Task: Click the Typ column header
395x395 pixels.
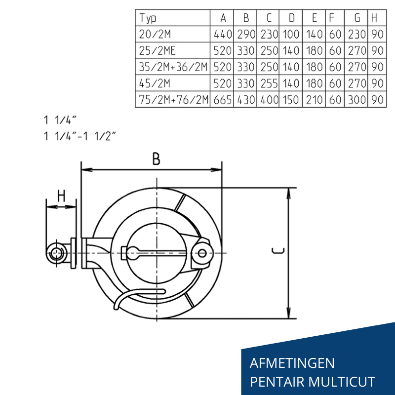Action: [x=148, y=19]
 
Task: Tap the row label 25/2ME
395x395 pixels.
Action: [x=158, y=50]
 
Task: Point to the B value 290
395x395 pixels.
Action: [x=246, y=35]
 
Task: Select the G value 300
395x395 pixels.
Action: [x=357, y=99]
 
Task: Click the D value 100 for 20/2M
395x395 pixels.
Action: [x=291, y=35]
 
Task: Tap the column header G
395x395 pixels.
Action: [x=357, y=19]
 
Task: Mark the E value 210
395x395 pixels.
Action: [x=314, y=99]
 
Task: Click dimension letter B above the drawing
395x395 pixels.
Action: [x=156, y=159]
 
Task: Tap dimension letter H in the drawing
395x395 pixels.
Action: [x=61, y=196]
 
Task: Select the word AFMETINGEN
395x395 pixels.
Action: [x=292, y=363]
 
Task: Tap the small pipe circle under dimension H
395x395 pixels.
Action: [x=55, y=254]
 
